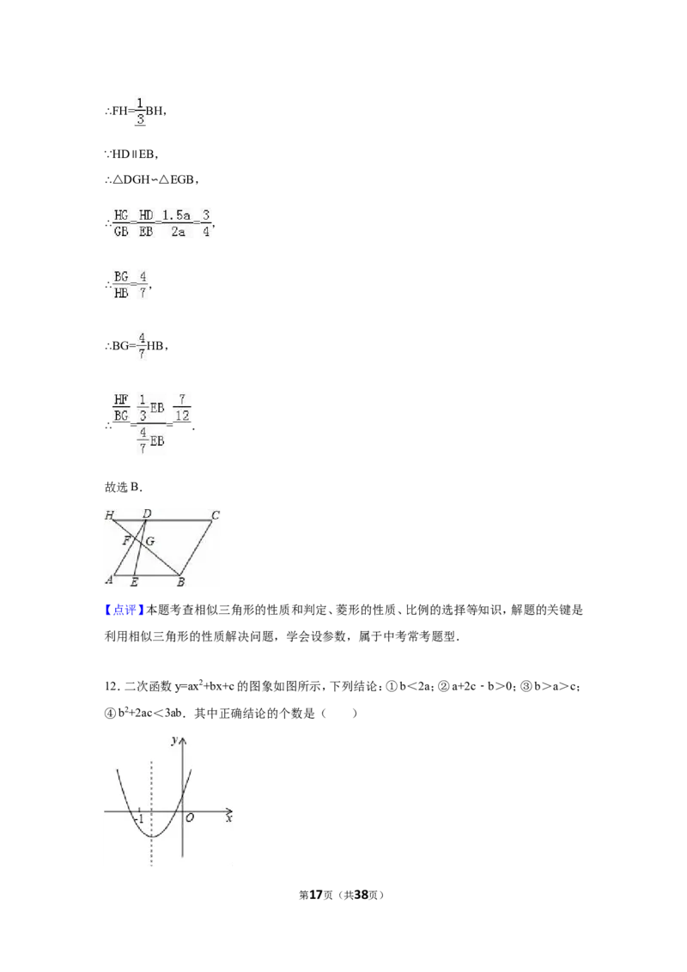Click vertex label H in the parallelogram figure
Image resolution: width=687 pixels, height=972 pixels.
(x=109, y=516)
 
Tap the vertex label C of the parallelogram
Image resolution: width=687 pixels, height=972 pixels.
(x=216, y=515)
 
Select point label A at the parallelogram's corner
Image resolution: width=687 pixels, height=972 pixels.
(x=109, y=580)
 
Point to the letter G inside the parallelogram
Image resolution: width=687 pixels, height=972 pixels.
(x=150, y=542)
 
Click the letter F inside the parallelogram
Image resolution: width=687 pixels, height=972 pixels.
(x=126, y=541)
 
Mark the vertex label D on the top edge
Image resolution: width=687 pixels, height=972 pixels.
(x=147, y=513)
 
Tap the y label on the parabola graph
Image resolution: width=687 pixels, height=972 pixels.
(x=174, y=740)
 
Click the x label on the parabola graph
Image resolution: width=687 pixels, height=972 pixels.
(x=228, y=819)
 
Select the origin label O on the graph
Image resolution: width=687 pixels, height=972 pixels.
(x=190, y=819)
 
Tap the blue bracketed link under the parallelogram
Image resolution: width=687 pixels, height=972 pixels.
(x=124, y=610)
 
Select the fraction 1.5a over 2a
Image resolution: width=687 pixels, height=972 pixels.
(x=177, y=223)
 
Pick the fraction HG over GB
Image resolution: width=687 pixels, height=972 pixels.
(x=120, y=223)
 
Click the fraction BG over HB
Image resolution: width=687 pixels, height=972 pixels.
(x=120, y=285)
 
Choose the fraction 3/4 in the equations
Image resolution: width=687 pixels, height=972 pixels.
(x=207, y=223)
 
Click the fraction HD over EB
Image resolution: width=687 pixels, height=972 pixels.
(x=146, y=223)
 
